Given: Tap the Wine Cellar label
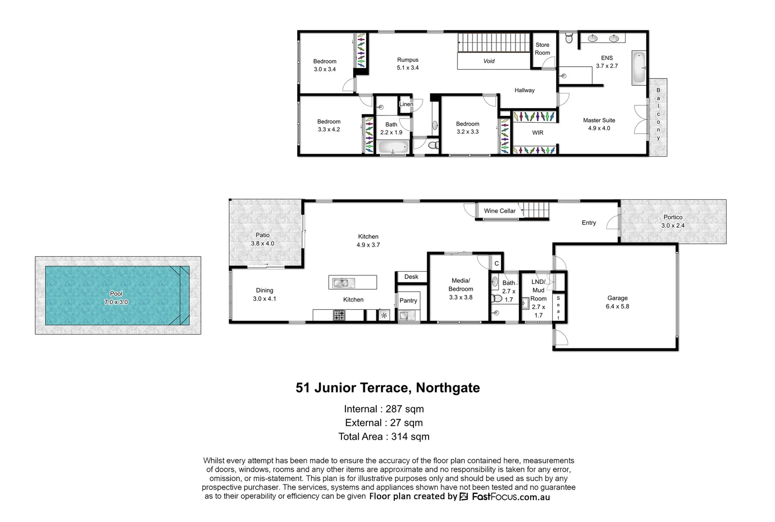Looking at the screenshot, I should pos(500,211).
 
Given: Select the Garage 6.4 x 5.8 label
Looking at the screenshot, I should pos(617,302).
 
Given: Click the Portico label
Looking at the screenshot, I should pos(673,217).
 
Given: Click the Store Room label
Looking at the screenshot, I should pos(542,49).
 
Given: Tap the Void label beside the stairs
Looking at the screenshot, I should pos(488,61).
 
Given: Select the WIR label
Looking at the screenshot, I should pos(537,132).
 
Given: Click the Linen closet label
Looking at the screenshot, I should pos(406,104).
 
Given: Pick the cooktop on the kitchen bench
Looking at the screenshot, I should pos(339,315).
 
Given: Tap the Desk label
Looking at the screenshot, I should pos(411,276).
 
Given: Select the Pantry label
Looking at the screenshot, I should pos(408,300).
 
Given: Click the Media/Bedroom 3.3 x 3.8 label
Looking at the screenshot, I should pos(460,289).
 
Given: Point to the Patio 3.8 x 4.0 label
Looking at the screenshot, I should pos(262,239).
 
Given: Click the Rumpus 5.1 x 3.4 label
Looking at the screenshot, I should pos(407,64).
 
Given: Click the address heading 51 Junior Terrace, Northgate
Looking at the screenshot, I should pos(387,388).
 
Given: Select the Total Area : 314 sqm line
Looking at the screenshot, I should pos(384,436).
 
